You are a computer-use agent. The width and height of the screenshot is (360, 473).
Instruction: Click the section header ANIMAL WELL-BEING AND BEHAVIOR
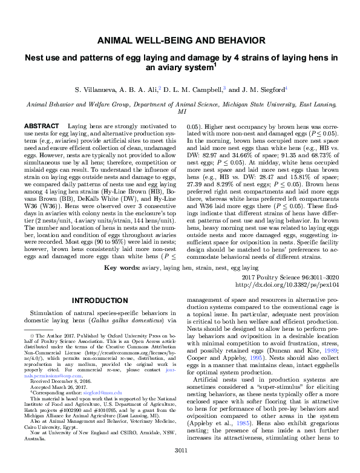(x=180, y=41)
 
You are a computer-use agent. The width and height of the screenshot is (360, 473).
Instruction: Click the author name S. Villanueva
(x=95, y=90)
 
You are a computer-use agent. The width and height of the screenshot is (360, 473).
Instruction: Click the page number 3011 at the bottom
(x=180, y=466)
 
